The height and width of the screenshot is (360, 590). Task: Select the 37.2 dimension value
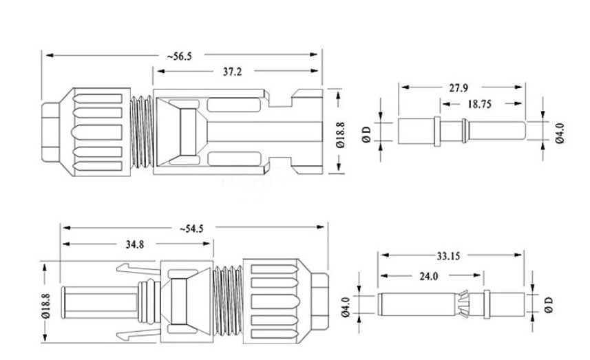coord(234,71)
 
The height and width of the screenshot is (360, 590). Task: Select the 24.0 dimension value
coord(429,276)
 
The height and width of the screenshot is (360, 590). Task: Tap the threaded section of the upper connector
coord(140,130)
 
